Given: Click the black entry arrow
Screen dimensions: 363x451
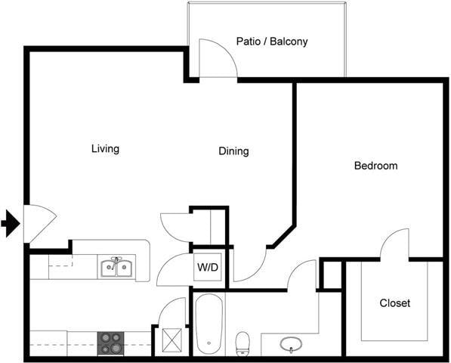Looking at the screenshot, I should coord(11,224).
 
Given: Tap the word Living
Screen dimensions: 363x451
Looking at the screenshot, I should coord(105,149).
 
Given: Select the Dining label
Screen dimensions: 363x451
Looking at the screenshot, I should coord(233,151).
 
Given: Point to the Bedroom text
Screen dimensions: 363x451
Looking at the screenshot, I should coord(375,166).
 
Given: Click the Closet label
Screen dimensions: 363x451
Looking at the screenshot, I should coord(394,303).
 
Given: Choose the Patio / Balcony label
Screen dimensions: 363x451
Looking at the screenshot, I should coord(272,42).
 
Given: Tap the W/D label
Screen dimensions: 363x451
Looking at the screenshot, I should coord(208,267).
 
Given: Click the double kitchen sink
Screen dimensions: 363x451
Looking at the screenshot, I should coord(116,268).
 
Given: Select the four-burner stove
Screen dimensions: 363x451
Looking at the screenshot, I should coord(111,343).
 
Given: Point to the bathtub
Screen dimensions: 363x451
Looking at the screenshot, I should coord(208,324).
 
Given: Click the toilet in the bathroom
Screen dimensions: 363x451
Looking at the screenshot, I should coord(243,343).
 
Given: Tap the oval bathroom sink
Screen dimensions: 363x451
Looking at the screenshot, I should coord(292,345).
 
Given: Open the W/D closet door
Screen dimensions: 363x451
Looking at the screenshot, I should coord(173,271).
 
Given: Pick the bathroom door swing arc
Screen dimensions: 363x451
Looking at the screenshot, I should coord(302,275).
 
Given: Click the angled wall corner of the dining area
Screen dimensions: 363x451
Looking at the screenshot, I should coord(283,235).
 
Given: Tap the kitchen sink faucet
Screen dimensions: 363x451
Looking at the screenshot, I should coord(116,260).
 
